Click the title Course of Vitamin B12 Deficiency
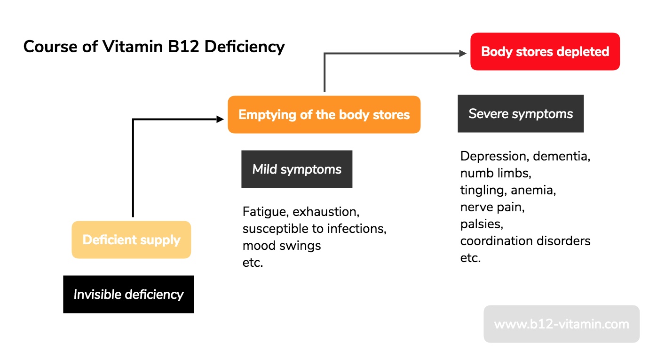(x=154, y=47)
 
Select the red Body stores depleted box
(x=545, y=52)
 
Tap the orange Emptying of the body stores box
(x=324, y=115)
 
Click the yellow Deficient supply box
(x=131, y=240)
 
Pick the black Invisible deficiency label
(x=128, y=295)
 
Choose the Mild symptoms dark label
(x=297, y=169)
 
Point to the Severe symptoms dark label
(x=521, y=114)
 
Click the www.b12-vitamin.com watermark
(x=561, y=324)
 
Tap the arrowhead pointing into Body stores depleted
(x=463, y=54)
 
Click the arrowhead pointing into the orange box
(x=220, y=120)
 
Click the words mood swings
(x=282, y=246)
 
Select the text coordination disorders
(x=525, y=241)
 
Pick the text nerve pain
(x=492, y=207)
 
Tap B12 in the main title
(x=186, y=47)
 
